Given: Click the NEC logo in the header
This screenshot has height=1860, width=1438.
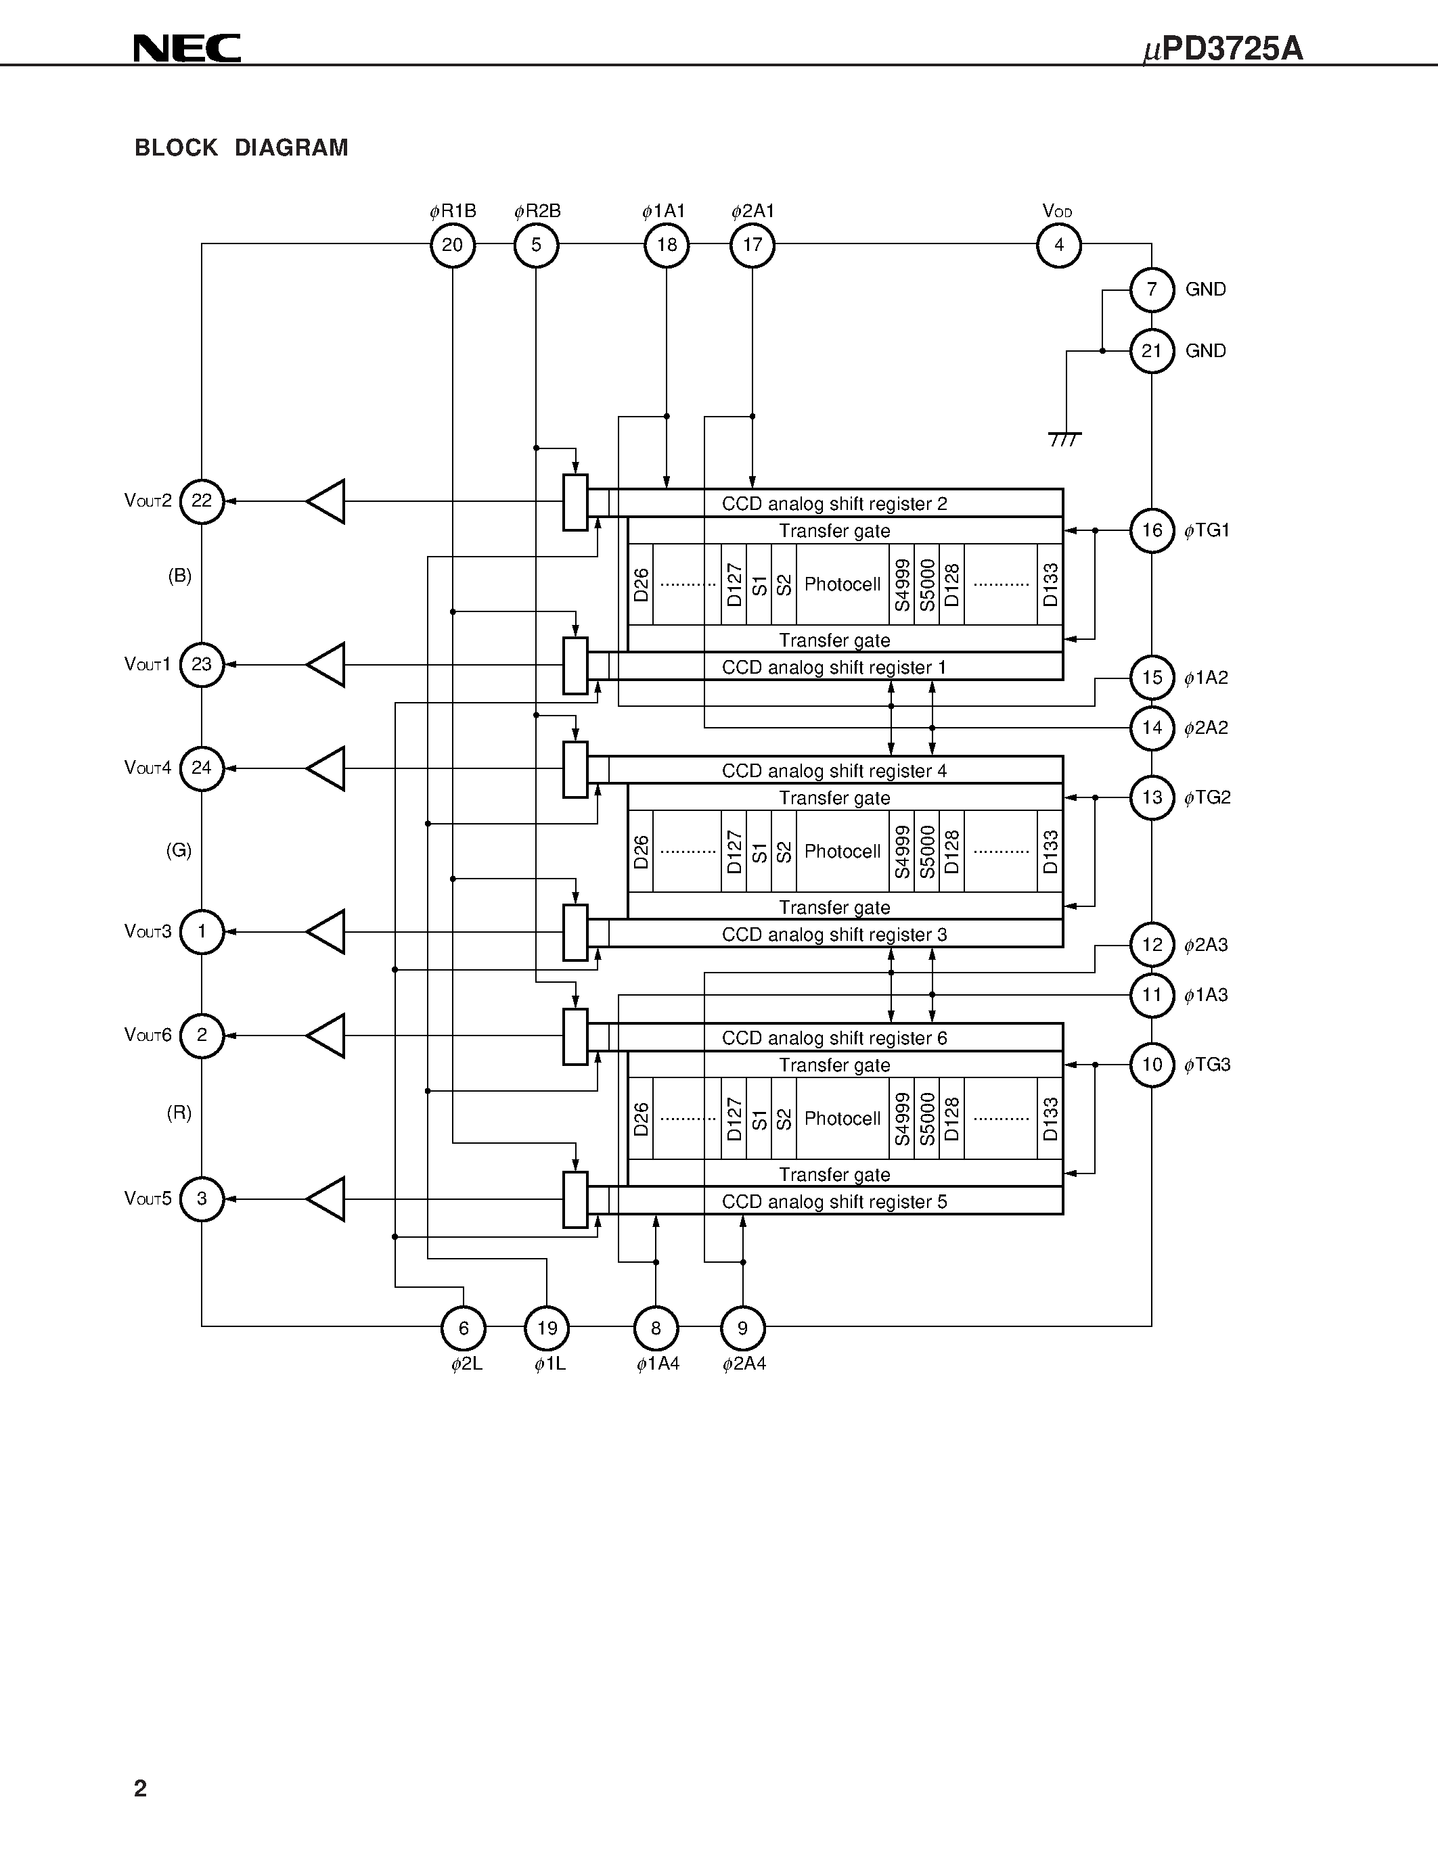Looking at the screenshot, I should pos(187,49).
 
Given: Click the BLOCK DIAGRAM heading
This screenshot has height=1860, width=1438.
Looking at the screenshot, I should pos(241,148).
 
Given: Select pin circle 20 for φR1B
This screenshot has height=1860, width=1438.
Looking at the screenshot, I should pos(452,246).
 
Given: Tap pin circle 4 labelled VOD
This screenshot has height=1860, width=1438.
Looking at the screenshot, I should pos(1058,246).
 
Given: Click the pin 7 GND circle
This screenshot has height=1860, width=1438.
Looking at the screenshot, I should pos(1152,289).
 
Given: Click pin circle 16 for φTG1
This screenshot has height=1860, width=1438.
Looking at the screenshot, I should pos(1152,530).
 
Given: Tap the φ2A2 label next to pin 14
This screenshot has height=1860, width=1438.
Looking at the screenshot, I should pos(1207,728).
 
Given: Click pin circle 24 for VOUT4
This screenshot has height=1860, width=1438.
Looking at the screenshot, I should pos(202,768).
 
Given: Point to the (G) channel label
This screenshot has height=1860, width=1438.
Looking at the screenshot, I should pos(179,850).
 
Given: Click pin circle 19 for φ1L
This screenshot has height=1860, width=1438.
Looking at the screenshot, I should pos(547,1328).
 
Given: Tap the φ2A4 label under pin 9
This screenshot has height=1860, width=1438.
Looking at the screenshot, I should pos(744,1364).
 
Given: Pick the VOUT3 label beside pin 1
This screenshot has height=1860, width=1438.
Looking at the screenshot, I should pos(148,932).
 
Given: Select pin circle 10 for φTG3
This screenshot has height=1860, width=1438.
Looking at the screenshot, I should pos(1152,1065).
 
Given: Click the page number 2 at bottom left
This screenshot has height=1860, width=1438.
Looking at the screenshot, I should pos(141,1788).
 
